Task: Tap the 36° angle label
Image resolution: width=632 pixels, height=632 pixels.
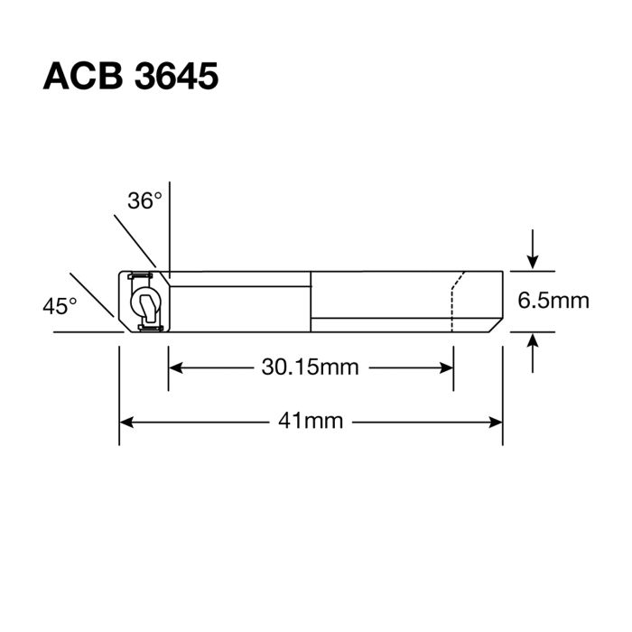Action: click(144, 200)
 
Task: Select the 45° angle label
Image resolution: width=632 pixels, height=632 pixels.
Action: click(60, 306)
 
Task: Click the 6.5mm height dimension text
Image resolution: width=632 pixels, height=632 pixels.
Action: click(553, 301)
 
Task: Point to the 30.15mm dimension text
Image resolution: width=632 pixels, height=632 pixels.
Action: click(310, 367)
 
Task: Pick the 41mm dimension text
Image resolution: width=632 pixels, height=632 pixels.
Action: click(309, 422)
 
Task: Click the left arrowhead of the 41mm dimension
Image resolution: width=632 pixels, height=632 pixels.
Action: click(127, 422)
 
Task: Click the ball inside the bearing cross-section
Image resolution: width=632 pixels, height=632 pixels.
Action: click(144, 300)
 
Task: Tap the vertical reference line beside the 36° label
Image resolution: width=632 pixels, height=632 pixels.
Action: click(169, 226)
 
